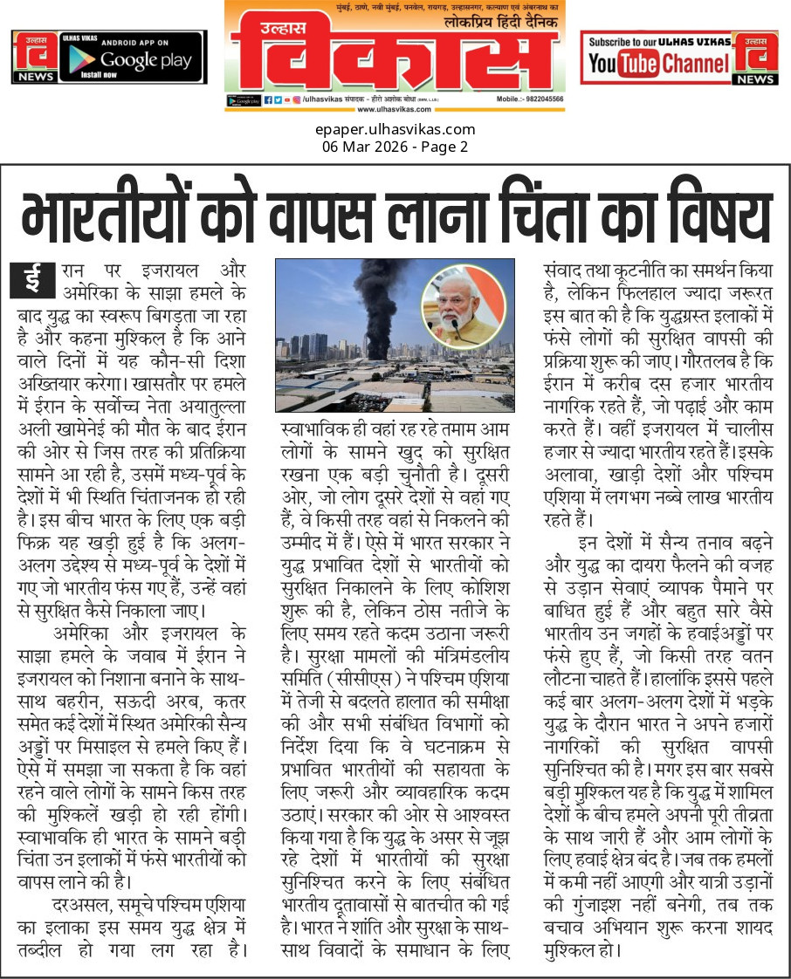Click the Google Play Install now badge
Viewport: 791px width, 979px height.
tap(133, 57)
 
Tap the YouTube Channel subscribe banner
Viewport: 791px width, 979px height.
tap(657, 57)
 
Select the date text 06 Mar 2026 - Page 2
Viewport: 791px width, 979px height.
tap(395, 146)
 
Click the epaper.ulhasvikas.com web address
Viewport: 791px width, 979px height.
tap(395, 130)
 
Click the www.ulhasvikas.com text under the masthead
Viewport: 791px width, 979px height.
tap(395, 109)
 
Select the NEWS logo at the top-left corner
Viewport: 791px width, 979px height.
tap(34, 57)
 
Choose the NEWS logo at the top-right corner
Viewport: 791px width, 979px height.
tap(755, 57)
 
